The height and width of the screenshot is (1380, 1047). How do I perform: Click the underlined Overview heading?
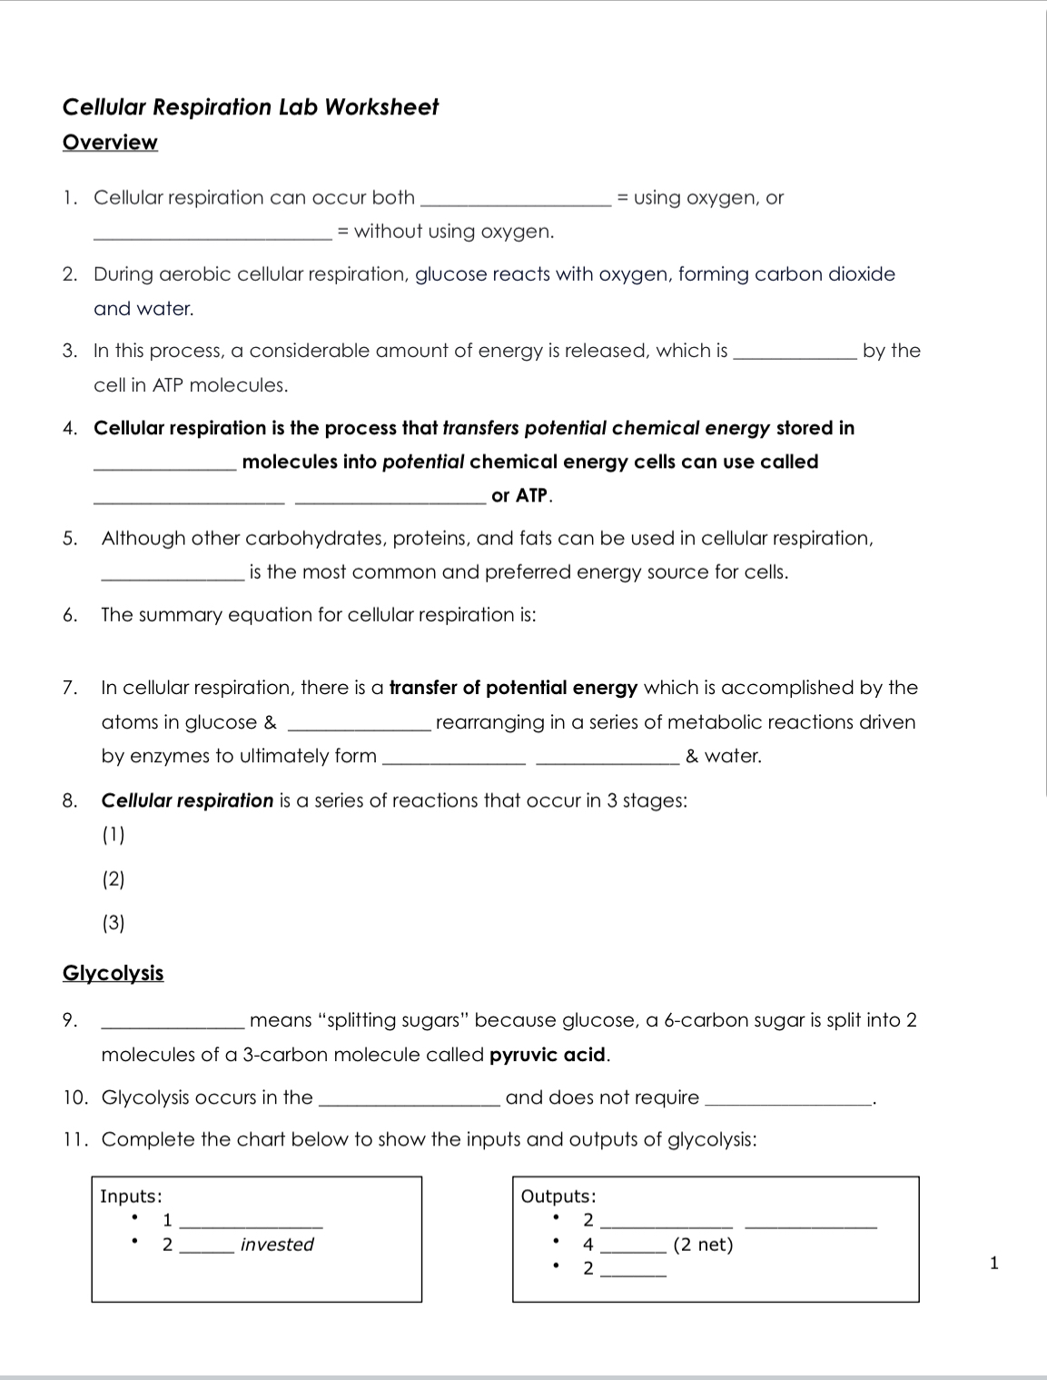(110, 143)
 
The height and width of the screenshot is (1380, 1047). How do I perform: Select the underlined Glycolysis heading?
(113, 973)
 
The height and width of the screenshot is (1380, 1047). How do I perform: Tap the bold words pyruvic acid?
(548, 1055)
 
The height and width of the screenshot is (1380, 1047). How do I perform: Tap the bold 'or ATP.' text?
(521, 496)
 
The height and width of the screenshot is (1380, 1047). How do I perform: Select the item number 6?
(70, 615)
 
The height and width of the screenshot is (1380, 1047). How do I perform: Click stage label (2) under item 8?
(114, 879)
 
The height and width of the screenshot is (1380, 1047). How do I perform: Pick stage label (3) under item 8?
(114, 923)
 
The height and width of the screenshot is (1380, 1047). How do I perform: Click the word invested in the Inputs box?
(277, 1245)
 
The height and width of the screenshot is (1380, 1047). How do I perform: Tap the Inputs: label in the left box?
(131, 1196)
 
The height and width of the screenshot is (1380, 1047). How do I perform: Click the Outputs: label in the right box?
(558, 1196)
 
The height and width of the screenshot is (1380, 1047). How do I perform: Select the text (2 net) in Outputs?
(703, 1245)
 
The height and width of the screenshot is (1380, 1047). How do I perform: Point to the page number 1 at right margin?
(993, 1263)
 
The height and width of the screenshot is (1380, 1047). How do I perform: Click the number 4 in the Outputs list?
(588, 1245)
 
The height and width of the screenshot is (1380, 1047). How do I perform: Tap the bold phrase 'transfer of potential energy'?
(513, 688)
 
